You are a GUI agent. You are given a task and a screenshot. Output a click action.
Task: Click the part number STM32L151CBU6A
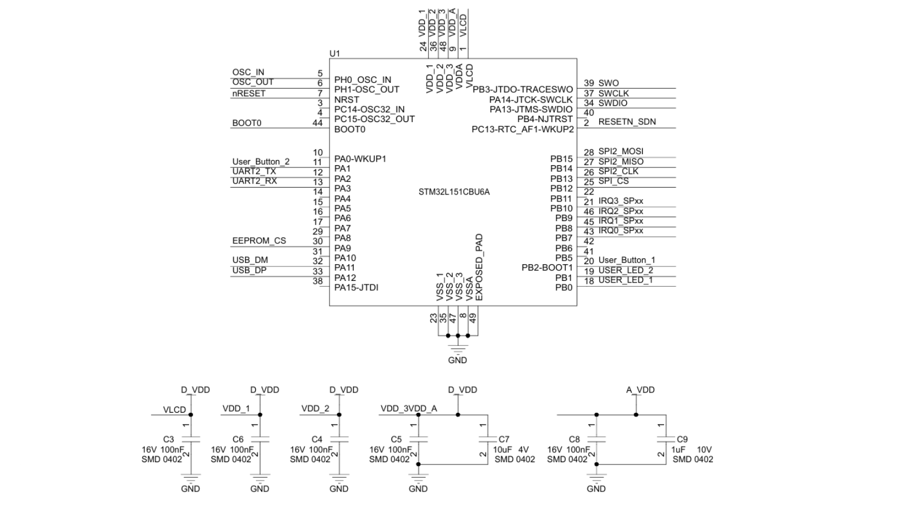click(x=454, y=192)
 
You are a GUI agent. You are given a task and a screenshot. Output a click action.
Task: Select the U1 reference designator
click(x=335, y=54)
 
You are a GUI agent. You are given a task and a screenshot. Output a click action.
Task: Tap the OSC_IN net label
click(x=248, y=73)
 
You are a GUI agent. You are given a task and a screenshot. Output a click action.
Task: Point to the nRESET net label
click(x=249, y=93)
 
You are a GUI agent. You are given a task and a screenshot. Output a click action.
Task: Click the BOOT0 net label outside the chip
click(x=247, y=123)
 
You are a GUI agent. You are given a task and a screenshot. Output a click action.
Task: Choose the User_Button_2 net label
click(x=261, y=162)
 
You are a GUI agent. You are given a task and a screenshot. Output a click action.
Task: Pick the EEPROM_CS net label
click(x=259, y=241)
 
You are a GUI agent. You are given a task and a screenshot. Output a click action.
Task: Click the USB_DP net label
click(x=250, y=271)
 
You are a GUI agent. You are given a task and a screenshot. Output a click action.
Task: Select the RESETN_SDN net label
click(x=627, y=122)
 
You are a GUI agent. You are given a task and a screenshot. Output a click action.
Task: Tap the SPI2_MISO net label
click(x=621, y=162)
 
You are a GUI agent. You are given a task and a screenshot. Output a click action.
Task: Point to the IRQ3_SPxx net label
click(x=621, y=201)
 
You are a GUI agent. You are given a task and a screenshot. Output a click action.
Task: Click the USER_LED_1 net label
click(x=626, y=280)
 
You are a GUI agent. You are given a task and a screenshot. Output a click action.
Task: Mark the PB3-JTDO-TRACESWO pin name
click(x=523, y=90)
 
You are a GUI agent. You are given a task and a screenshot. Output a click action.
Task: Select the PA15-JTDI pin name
click(x=356, y=288)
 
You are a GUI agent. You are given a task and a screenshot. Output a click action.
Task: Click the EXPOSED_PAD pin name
click(x=479, y=268)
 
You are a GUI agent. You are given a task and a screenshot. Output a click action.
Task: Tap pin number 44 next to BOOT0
click(x=317, y=123)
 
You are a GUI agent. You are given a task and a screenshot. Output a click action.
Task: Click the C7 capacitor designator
click(x=504, y=439)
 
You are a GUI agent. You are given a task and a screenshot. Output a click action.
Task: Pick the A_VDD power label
click(x=640, y=390)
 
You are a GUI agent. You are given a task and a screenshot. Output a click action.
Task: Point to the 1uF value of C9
click(x=679, y=450)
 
